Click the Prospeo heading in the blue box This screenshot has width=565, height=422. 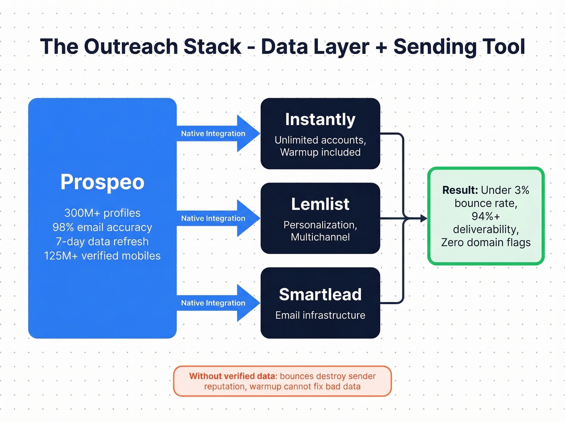pyautogui.click(x=102, y=182)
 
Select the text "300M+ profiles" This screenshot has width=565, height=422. pyautogui.click(x=102, y=213)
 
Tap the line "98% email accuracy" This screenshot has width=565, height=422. pyautogui.click(x=102, y=227)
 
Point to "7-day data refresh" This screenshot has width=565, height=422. pyautogui.click(x=102, y=241)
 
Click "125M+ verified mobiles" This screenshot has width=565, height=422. pyautogui.click(x=102, y=256)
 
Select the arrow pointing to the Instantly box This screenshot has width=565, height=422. pyautogui.click(x=218, y=134)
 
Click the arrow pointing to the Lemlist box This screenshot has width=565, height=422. pyautogui.click(x=218, y=218)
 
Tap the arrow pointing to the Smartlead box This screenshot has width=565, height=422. pyautogui.click(x=218, y=303)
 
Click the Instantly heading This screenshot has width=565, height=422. pyautogui.click(x=320, y=120)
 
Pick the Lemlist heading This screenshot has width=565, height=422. pyautogui.click(x=320, y=204)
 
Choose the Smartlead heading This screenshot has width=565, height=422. pyautogui.click(x=320, y=294)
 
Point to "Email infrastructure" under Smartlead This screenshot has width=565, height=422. pyautogui.click(x=320, y=315)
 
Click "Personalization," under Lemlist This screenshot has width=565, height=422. pyautogui.click(x=320, y=225)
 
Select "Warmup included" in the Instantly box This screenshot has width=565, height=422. pyautogui.click(x=320, y=152)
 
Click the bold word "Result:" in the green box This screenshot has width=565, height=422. pyautogui.click(x=460, y=190)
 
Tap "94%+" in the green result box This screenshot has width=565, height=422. pyautogui.click(x=485, y=216)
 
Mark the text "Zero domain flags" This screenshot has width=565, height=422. pyautogui.click(x=485, y=242)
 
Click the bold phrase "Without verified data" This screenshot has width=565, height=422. pyautogui.click(x=232, y=376)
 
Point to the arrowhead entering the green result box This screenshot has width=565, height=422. pyautogui.click(x=423, y=218)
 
